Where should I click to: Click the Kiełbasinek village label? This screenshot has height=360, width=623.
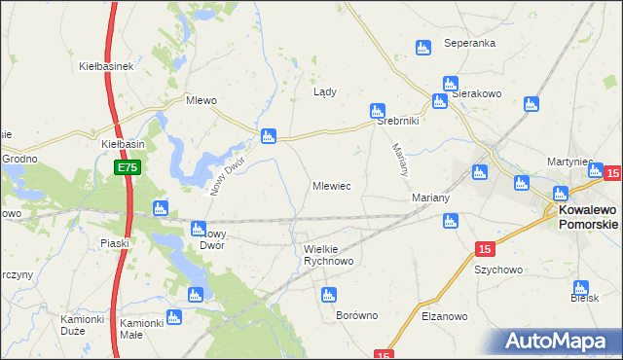click(105, 67)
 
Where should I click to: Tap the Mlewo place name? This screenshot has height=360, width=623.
click(201, 100)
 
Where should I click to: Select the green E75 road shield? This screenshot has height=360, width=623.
click(128, 168)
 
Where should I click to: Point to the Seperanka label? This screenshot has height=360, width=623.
click(470, 44)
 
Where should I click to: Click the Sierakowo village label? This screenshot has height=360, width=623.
click(475, 94)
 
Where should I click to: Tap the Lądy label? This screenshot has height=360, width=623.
click(324, 92)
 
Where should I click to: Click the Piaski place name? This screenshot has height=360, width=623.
click(115, 243)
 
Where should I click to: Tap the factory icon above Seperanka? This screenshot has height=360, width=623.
click(422, 48)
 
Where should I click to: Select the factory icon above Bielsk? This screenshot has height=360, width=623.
click(581, 288)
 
